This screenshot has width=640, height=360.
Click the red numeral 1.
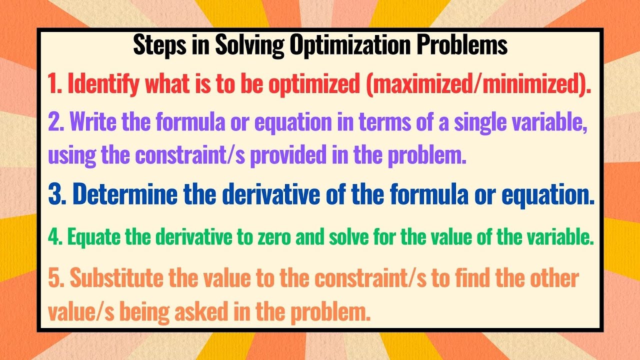click(x=53, y=84)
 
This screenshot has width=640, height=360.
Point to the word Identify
click(x=103, y=84)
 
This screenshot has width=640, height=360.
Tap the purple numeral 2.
click(x=55, y=123)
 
